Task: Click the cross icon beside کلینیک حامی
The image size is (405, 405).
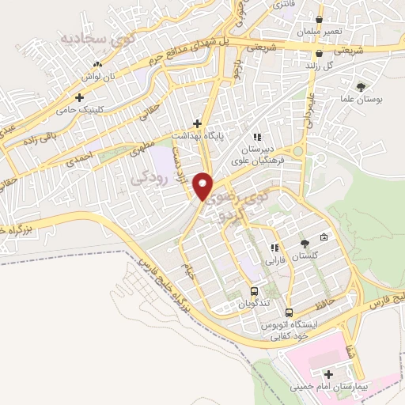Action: [79, 97]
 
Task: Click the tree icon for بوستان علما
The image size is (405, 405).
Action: [361, 87]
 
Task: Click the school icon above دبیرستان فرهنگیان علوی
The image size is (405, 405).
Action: [257, 137]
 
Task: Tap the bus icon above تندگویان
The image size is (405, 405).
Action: [254, 290]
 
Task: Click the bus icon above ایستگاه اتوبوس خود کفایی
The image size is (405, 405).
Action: [290, 312]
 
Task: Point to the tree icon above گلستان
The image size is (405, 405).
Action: [305, 244]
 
